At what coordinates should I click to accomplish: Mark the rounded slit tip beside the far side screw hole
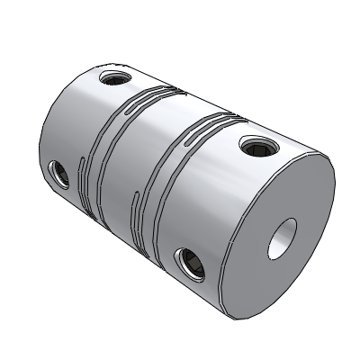tap(82, 167)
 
